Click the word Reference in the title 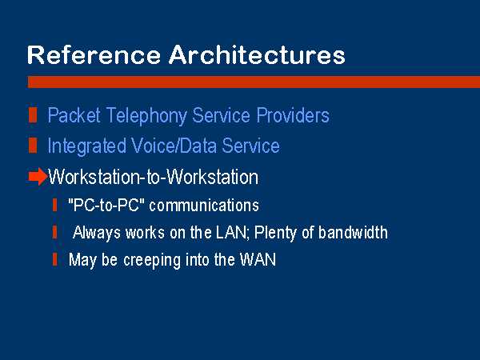pos(94,54)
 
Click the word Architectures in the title pos(257,54)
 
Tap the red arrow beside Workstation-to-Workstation pos(38,177)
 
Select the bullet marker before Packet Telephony pos(33,115)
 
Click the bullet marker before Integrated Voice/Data pos(33,145)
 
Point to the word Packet pos(74,115)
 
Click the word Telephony pos(146,116)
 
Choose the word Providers pos(293,115)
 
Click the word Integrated pos(86,146)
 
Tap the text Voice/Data pos(174,146)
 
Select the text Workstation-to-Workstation pos(153,177)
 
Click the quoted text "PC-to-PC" pos(106,205)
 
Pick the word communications pos(204,205)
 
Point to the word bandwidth pos(353,232)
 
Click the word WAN pos(258,259)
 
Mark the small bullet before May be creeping pos(54,259)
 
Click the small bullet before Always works pos(54,232)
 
